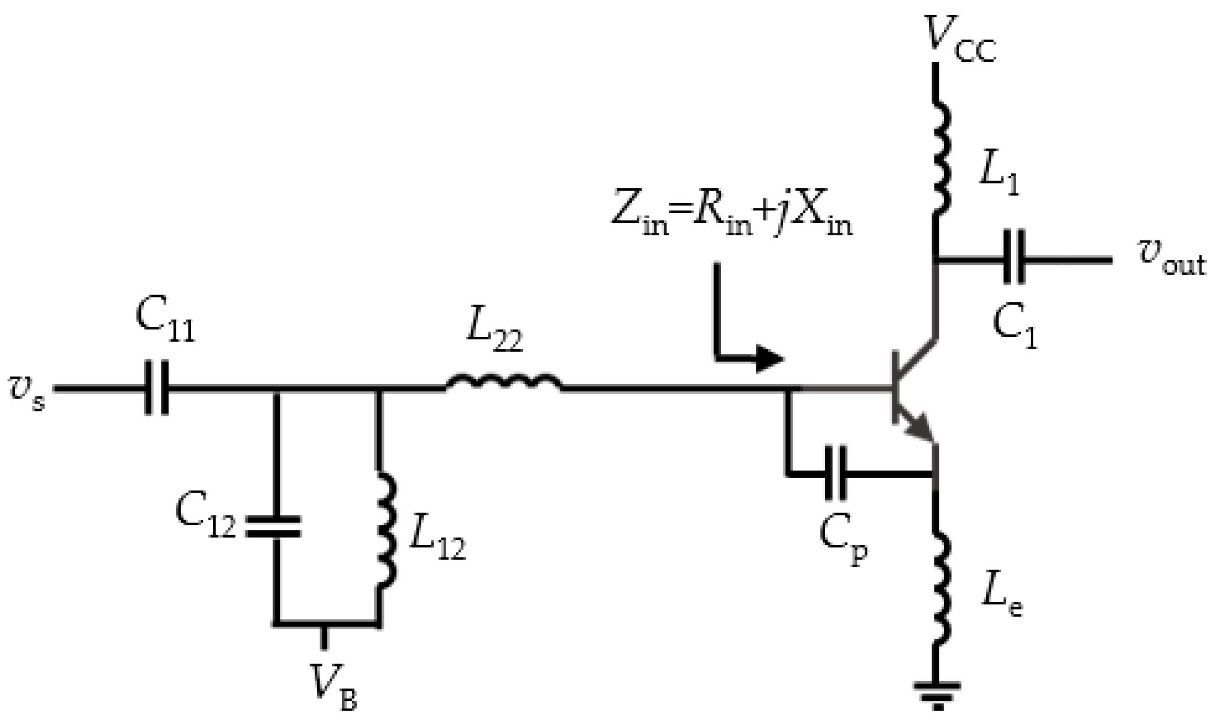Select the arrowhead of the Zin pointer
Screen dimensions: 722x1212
(x=770, y=359)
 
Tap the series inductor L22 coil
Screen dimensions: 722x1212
(x=504, y=382)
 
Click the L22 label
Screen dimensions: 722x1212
(x=494, y=336)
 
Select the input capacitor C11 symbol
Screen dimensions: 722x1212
(x=157, y=388)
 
